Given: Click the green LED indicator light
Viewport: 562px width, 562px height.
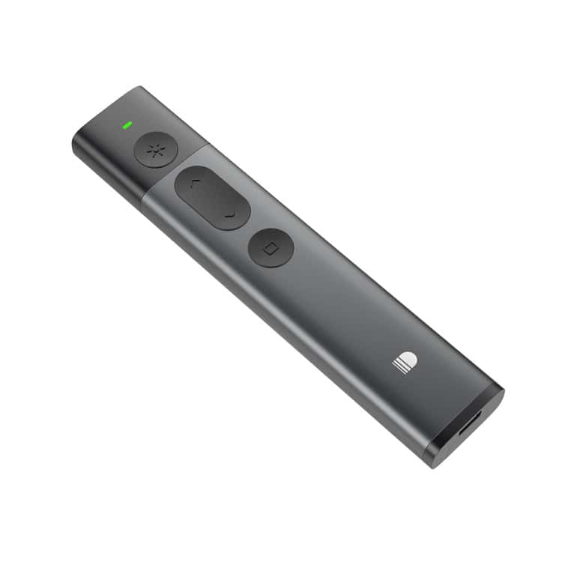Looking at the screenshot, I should coord(129,124).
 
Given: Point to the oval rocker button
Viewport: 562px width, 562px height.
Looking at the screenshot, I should coord(212,199).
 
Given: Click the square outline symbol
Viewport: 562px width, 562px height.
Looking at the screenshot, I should coord(271,247).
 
